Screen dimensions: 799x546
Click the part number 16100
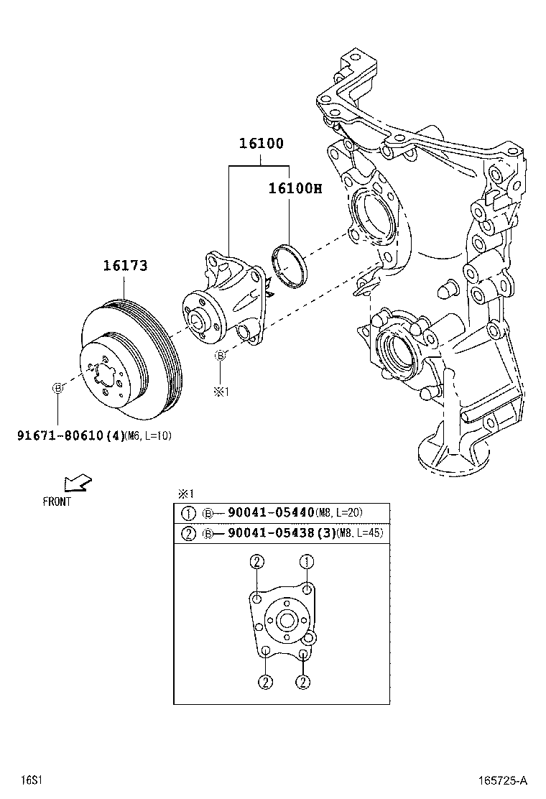pos(262,144)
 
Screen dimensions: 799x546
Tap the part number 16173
pos(125,266)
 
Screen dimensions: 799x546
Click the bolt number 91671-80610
pos(60,435)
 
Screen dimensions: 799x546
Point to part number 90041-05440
pos(271,512)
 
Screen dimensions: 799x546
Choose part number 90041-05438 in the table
pos(271,534)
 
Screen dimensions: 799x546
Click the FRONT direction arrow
pos(77,484)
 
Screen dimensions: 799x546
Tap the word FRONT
pos(57,502)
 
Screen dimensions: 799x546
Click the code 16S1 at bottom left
pos(29,780)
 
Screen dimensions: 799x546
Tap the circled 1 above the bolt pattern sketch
pos(307,562)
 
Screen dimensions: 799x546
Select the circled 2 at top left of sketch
pos(256,562)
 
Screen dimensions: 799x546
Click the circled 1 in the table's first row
pos(188,513)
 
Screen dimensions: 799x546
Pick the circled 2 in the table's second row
pos(188,534)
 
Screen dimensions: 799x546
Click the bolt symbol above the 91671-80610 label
pos(58,388)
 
